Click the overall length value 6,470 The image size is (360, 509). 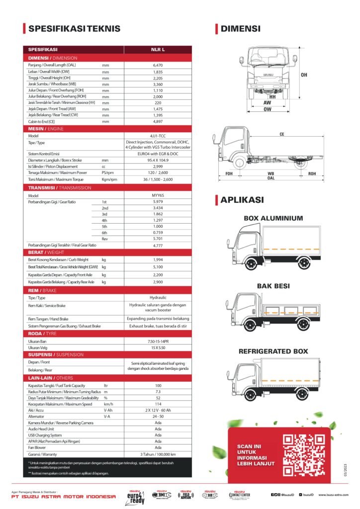[x=158, y=65]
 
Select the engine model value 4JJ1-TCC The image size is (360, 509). [x=158, y=135]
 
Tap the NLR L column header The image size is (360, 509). [x=158, y=50]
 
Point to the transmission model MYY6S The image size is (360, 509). [x=158, y=195]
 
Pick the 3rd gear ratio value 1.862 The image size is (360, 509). [x=158, y=214]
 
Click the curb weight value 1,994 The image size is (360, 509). [x=158, y=259]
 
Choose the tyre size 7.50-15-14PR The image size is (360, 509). [x=158, y=341]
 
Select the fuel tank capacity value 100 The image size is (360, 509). [x=158, y=385]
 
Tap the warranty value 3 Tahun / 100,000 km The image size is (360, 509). [x=158, y=454]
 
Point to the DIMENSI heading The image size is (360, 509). [x=241, y=29]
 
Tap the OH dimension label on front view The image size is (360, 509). [x=304, y=75]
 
